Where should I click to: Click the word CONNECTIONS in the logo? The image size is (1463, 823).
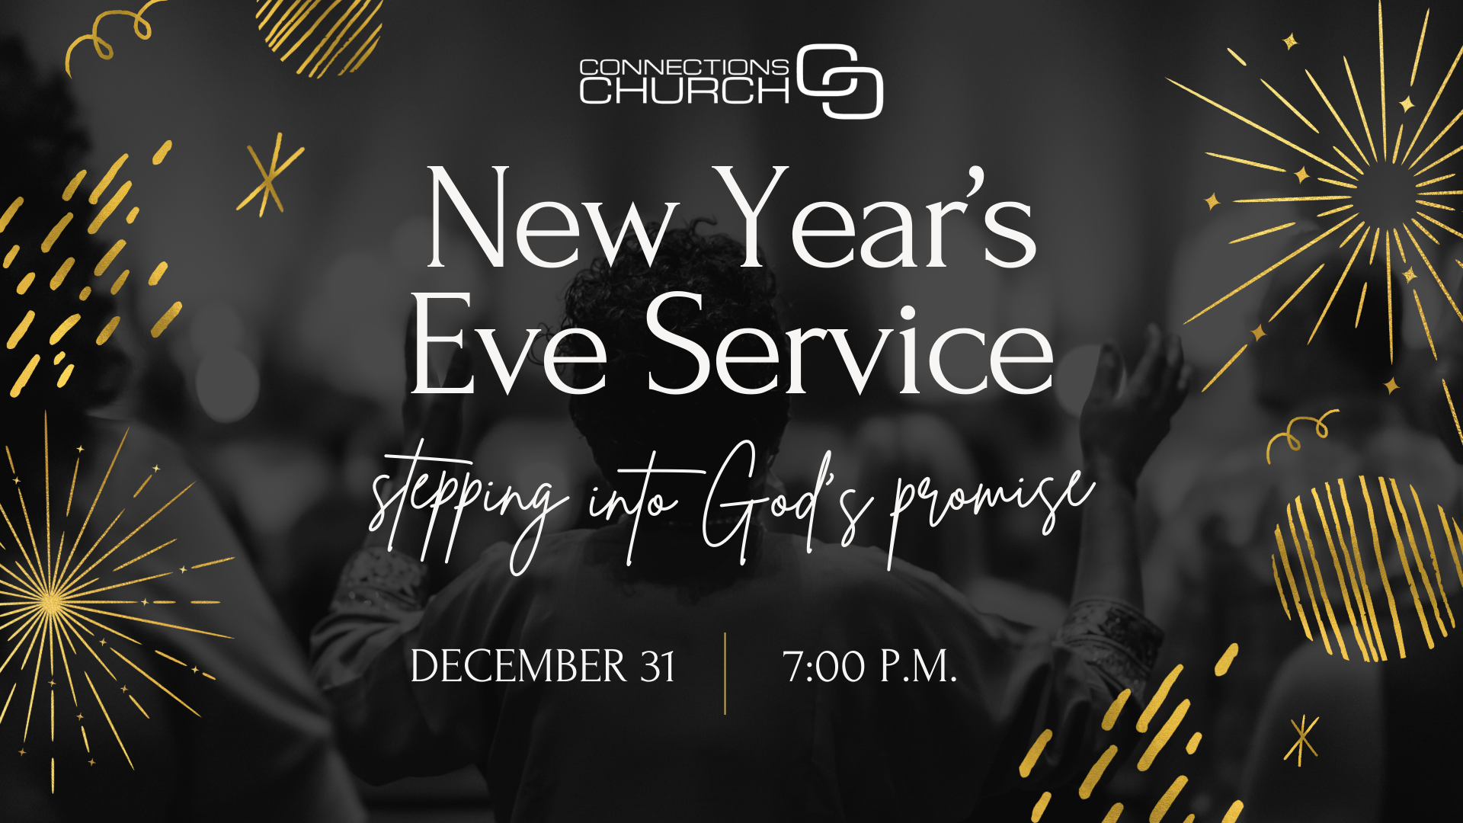(683, 67)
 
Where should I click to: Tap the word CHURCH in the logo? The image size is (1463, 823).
(684, 91)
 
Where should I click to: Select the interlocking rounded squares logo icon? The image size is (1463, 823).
(840, 81)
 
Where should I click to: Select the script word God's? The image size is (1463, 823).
(785, 503)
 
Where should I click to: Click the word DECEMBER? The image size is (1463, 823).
(518, 666)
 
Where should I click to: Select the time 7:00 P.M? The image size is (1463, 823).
(869, 666)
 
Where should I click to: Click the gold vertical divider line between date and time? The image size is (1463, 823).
(725, 674)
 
